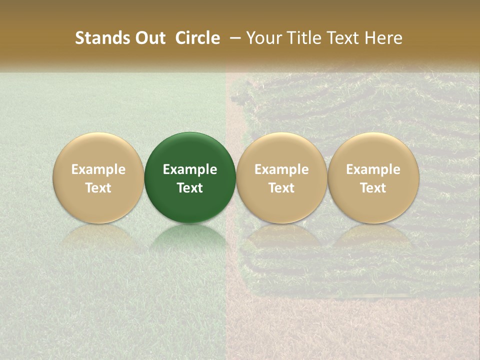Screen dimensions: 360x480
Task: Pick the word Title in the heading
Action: click(303, 38)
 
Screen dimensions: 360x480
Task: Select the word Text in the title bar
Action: click(343, 38)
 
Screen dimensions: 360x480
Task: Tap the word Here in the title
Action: click(383, 38)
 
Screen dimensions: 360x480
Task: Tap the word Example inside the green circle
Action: click(190, 169)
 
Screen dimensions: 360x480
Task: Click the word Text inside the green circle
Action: click(190, 187)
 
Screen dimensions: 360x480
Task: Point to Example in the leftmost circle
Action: click(98, 169)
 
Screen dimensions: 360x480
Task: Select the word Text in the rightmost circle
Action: click(373, 187)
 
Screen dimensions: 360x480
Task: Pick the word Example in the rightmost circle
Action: click(373, 169)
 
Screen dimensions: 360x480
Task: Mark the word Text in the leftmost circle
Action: click(98, 187)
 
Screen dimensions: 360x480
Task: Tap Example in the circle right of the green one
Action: click(281, 169)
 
